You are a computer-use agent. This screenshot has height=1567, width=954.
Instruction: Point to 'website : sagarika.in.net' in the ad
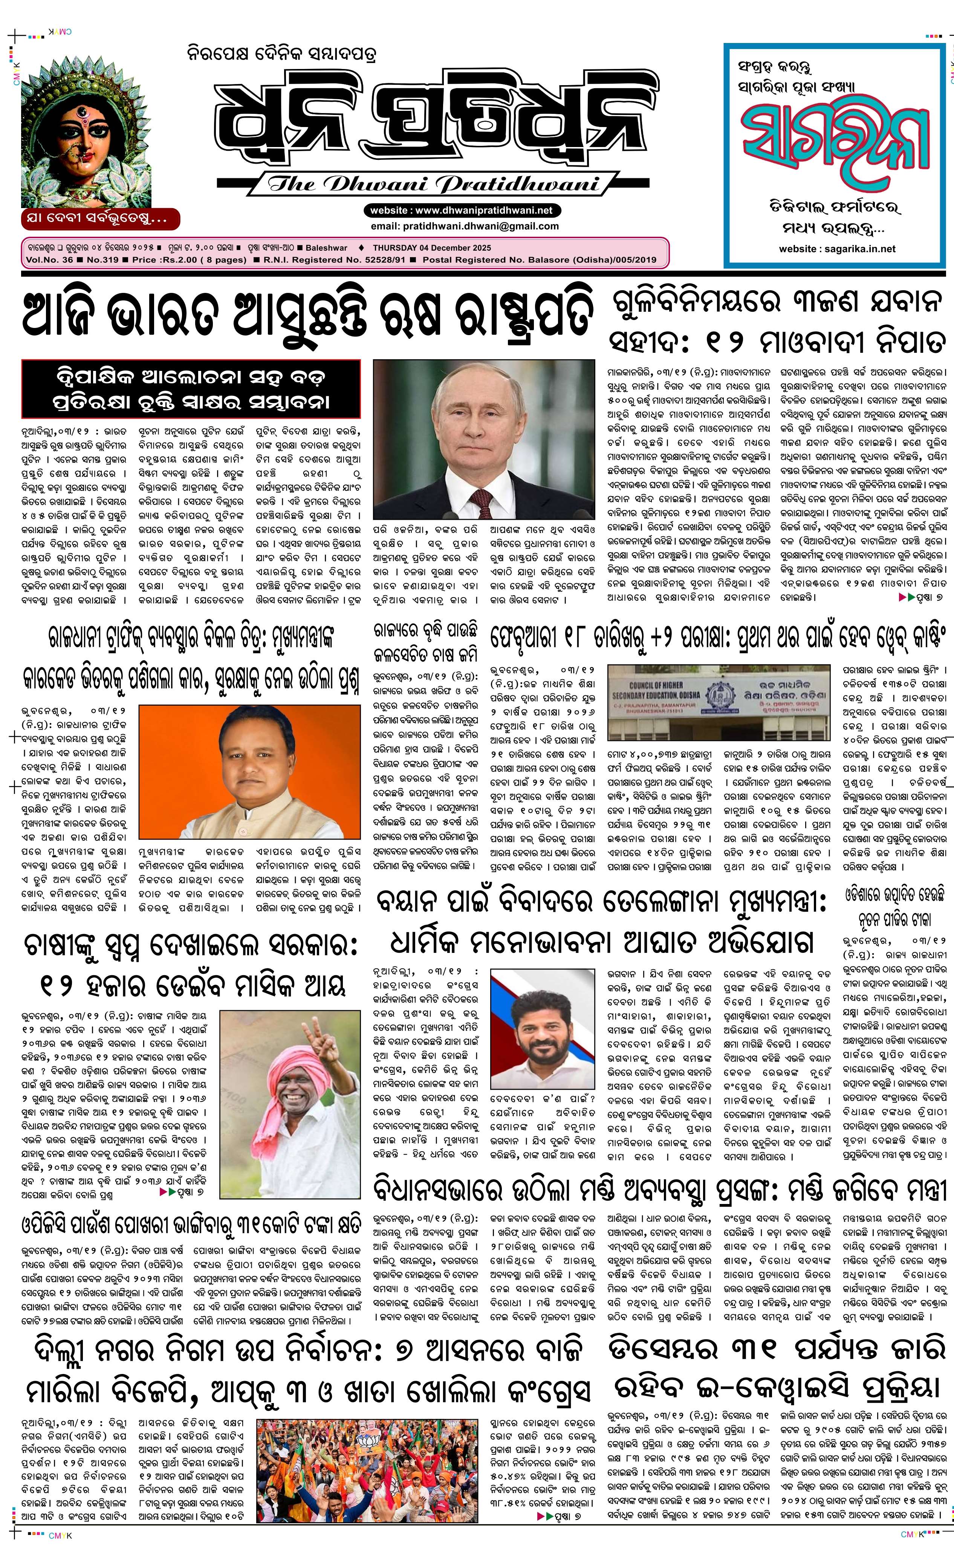pyautogui.click(x=837, y=249)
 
